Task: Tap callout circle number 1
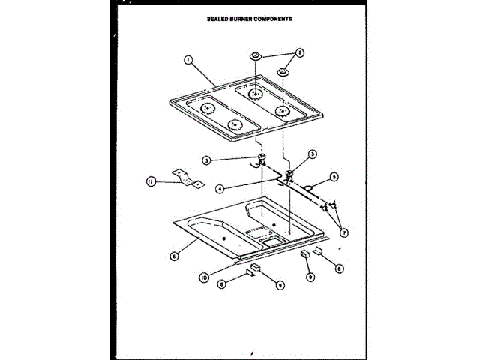coord(188,61)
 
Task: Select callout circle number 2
coord(300,53)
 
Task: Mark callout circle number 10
coord(203,277)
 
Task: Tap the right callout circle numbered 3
coord(313,154)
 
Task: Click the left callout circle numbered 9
coord(280,284)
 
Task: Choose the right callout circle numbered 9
coord(311,277)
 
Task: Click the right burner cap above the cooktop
coord(284,71)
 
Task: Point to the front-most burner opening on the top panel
coord(235,124)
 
